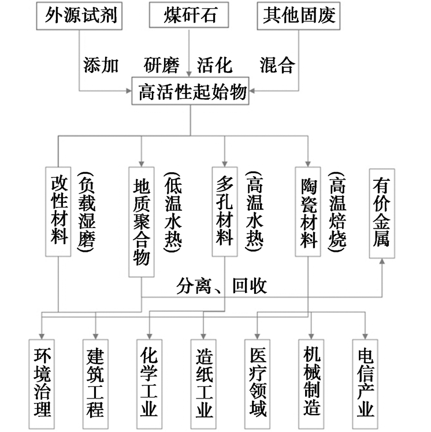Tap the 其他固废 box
click(x=299, y=15)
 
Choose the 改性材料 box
click(x=60, y=211)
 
